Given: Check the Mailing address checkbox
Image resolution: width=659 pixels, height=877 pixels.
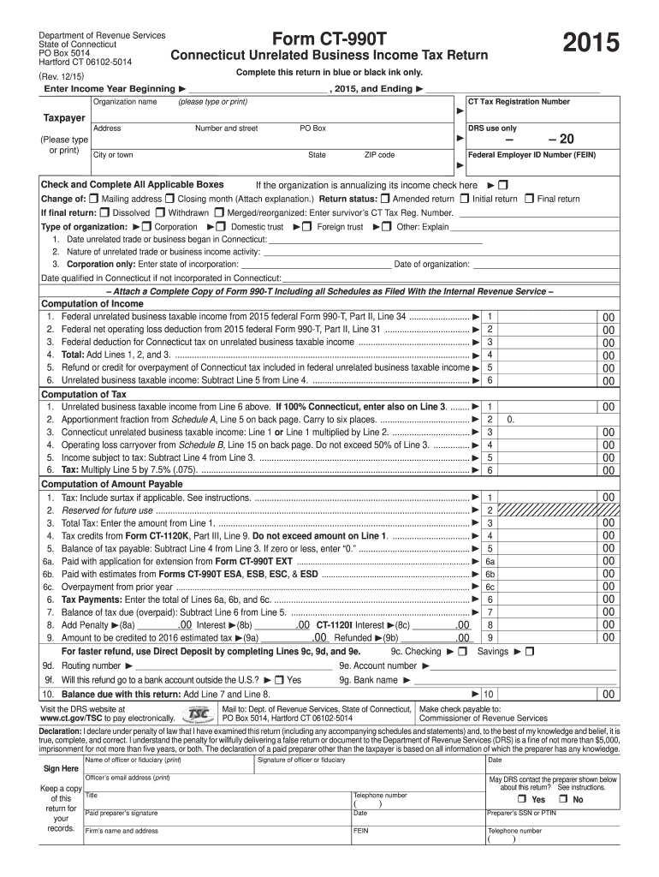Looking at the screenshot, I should click(x=94, y=199).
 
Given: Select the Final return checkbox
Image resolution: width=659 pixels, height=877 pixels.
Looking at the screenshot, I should click(x=530, y=199).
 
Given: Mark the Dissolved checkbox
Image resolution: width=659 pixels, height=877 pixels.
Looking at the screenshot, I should click(x=104, y=212).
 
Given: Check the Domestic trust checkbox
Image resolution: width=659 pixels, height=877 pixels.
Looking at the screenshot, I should click(x=223, y=227).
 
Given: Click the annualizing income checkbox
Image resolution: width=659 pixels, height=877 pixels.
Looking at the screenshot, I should click(x=502, y=185).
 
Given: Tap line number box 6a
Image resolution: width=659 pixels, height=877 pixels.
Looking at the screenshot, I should click(x=490, y=562).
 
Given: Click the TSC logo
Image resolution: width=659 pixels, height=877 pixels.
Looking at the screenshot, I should click(x=199, y=713).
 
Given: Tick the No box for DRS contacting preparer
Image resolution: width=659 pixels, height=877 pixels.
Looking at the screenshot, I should click(x=565, y=799).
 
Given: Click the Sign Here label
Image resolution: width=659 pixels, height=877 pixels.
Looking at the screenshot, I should click(x=61, y=769).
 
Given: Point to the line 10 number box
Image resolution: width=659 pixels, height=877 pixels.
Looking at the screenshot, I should click(x=488, y=694).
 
